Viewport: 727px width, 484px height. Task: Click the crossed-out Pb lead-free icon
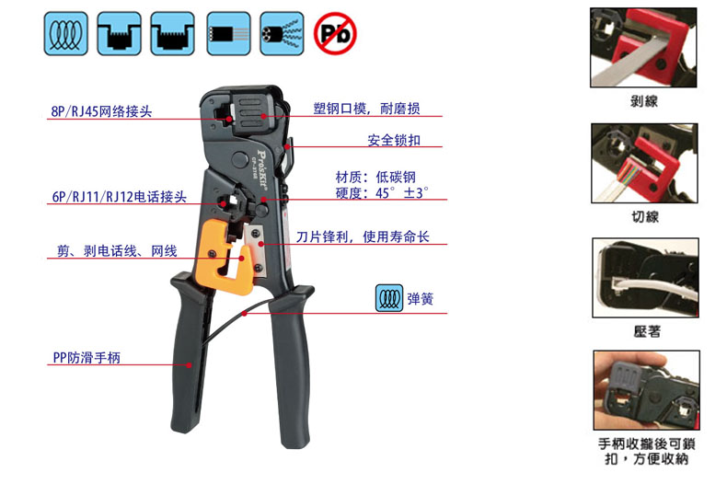tap(335, 33)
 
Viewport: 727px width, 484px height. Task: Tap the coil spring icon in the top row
tap(66, 34)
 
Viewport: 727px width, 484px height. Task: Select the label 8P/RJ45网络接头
tap(101, 111)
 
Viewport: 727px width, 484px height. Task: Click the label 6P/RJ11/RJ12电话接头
tap(119, 197)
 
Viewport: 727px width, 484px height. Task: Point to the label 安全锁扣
tap(394, 140)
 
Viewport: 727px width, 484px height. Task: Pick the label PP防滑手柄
tap(87, 357)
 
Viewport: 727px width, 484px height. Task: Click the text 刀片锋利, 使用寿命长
tap(363, 236)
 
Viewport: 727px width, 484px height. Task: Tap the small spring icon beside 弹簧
tap(389, 298)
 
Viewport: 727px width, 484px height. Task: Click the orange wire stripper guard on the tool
tap(225, 258)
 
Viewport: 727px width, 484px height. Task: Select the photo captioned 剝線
tap(643, 47)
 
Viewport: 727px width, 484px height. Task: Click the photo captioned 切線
tap(644, 163)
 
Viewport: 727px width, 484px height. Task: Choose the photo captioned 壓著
tap(645, 278)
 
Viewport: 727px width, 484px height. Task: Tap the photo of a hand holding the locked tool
tap(646, 390)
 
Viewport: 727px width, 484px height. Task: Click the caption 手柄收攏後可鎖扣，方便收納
tap(646, 451)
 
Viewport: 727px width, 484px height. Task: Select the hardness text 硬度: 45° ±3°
tap(382, 193)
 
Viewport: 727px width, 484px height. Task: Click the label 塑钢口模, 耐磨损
tap(367, 109)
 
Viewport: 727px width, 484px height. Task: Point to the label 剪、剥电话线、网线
tap(117, 251)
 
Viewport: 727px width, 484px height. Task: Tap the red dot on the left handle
tap(190, 365)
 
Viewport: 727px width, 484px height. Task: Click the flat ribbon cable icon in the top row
tap(228, 34)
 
